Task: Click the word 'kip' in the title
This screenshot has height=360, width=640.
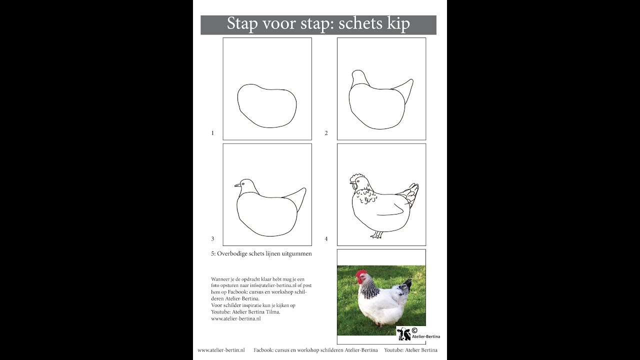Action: pos(397,24)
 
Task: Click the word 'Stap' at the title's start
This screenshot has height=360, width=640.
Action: pos(242,24)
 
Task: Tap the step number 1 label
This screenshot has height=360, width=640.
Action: pos(212,133)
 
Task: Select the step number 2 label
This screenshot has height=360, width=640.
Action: pos(326,133)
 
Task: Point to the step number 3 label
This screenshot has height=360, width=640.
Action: pos(212,239)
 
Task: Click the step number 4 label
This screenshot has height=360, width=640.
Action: pos(326,239)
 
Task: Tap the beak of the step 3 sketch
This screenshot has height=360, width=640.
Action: pos(236,186)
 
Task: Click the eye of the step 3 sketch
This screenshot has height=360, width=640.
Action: pos(244,183)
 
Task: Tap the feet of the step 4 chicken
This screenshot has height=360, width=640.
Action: pos(376,235)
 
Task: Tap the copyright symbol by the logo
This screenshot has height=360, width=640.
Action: pos(414,330)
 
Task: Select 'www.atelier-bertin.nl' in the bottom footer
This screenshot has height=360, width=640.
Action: pos(221,350)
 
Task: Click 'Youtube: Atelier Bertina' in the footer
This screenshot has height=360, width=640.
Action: pos(410,350)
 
